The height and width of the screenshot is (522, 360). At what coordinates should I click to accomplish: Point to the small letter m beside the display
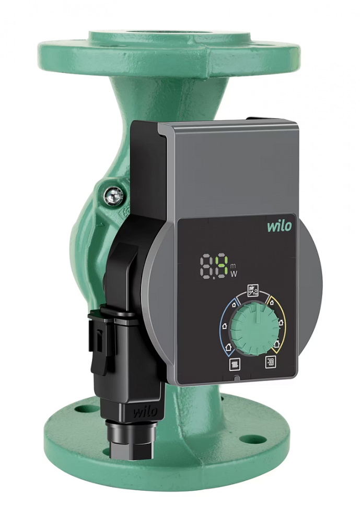click(x=233, y=266)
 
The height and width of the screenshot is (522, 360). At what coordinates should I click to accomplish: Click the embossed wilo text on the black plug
click(x=145, y=411)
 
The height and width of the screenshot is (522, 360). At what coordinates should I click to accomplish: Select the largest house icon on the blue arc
click(x=228, y=346)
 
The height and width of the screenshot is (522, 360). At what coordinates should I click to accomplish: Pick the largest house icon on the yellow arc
click(x=277, y=345)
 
